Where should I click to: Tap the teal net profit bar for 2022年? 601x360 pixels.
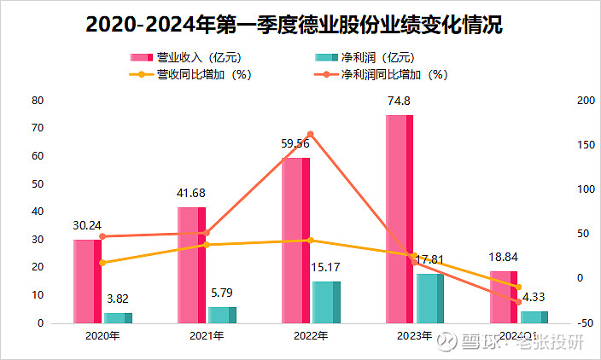coord(326,302)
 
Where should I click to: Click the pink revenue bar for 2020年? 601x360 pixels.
coord(87,282)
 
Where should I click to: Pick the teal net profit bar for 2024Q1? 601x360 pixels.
coord(534,316)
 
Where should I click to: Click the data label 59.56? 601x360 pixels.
coord(295,143)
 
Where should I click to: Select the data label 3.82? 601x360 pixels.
coord(117,299)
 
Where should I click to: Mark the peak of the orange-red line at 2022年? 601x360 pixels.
coord(310,134)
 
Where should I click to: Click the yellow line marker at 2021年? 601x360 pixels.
coord(206,245)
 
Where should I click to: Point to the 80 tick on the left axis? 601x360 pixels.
coord(38,100)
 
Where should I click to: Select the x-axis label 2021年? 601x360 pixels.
coord(206,336)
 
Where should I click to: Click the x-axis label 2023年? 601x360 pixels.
coord(414,336)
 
